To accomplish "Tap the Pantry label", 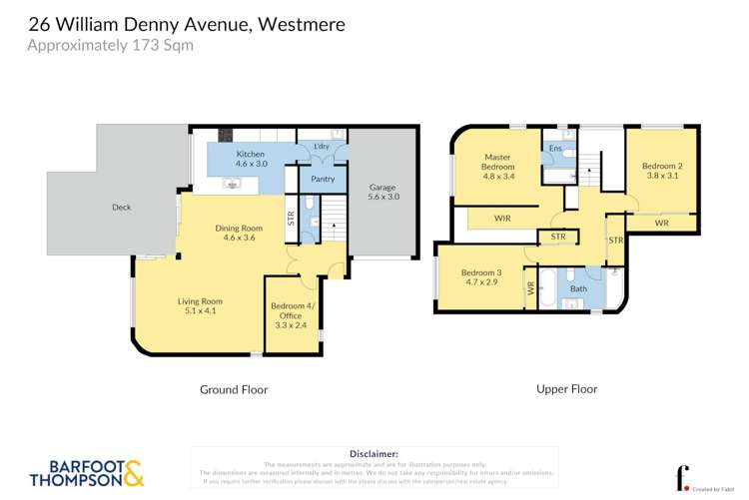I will (323, 180).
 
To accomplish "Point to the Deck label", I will (121, 208).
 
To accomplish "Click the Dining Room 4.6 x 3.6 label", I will (239, 234).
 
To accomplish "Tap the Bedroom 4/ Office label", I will (292, 315).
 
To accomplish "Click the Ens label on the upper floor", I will (553, 149).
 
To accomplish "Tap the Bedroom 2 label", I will (661, 172).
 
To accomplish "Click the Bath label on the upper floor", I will (579, 289).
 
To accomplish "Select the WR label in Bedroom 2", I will (661, 224).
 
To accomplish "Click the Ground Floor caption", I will (234, 389).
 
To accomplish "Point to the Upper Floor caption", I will (566, 389).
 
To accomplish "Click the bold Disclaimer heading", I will (374, 453).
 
